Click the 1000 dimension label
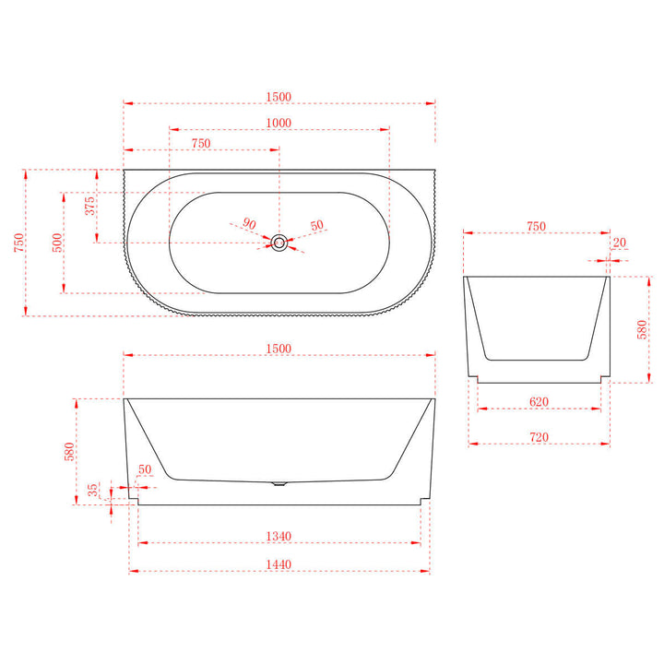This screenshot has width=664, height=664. (x=279, y=123)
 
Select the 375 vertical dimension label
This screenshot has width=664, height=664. (x=90, y=206)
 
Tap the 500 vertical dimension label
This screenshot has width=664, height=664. (x=57, y=243)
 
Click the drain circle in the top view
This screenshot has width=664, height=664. (x=279, y=243)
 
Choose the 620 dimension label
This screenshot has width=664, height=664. (x=539, y=401)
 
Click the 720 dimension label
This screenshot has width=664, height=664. (x=539, y=436)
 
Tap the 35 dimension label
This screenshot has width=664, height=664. (x=93, y=491)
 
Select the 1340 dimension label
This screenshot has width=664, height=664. (x=279, y=536)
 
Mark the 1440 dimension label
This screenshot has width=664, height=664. (x=279, y=564)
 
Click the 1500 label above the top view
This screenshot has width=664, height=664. (x=279, y=97)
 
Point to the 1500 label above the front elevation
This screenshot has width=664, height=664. (x=279, y=348)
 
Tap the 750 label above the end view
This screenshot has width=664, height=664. (x=536, y=226)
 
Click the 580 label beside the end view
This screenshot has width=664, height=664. (x=643, y=329)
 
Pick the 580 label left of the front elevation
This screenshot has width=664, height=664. (x=67, y=452)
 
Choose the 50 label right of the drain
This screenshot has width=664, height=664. (x=317, y=226)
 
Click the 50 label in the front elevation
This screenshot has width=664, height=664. (x=145, y=470)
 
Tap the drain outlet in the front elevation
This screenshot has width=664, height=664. (x=279, y=483)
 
